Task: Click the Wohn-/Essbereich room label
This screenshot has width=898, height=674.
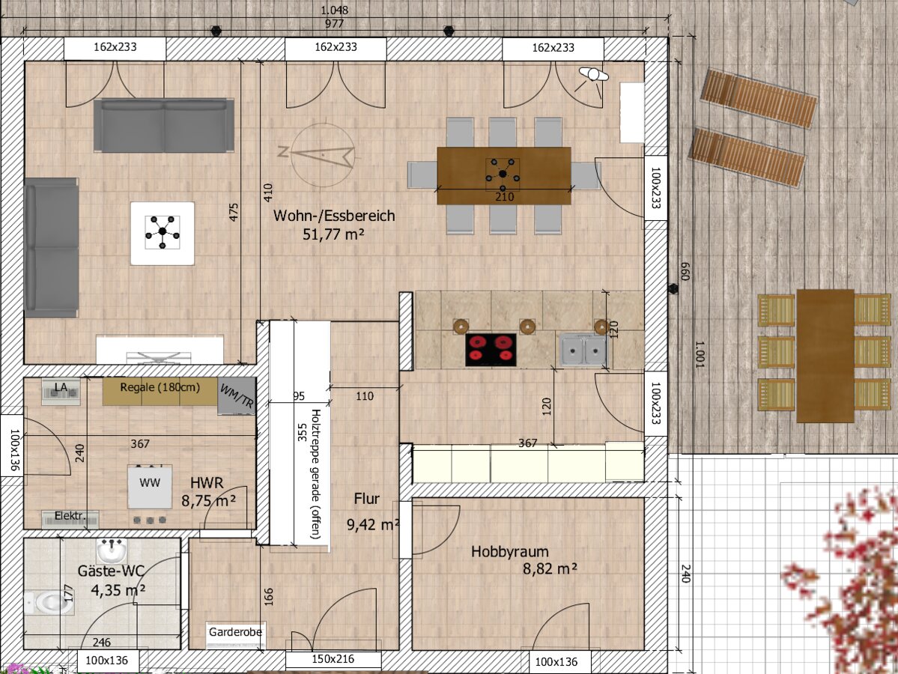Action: coord(334,216)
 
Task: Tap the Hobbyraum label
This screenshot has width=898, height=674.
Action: coord(510,551)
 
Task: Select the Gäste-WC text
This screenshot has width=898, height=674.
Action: coord(111,571)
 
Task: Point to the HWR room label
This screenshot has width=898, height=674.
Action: coord(207,483)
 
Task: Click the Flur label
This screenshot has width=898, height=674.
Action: coord(366,499)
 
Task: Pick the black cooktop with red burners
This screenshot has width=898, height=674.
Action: coord(491,349)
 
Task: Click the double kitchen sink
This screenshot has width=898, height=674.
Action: coord(583,349)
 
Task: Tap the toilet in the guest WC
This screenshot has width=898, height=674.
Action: coord(48,602)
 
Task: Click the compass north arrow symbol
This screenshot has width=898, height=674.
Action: coord(323,154)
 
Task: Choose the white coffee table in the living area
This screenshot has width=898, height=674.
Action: coord(162,233)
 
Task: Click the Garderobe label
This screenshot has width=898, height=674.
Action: coord(235,631)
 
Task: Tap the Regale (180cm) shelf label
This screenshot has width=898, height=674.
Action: coord(160,387)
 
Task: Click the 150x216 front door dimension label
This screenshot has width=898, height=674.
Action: coord(333,659)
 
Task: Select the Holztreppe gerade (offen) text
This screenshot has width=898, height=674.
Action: coord(315,473)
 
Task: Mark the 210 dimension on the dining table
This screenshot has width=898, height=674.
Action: coord(504,196)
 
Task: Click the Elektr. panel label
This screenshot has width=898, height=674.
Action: coord(70,516)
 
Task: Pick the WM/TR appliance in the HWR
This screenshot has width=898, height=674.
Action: coord(237,396)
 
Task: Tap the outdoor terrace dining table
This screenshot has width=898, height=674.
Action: coord(825,356)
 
